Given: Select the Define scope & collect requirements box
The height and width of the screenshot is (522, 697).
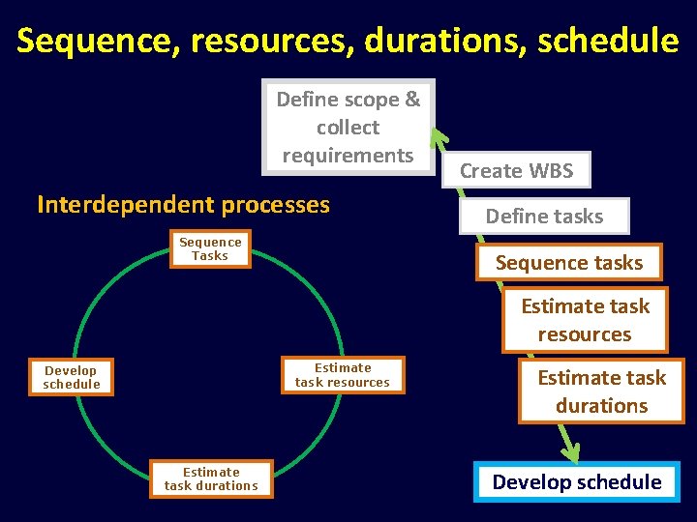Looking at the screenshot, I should tap(348, 127).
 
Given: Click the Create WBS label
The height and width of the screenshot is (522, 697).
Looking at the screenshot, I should tap(516, 171).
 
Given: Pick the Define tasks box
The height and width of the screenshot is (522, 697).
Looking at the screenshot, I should tap(544, 217).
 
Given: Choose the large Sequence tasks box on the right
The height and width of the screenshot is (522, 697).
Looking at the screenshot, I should tap(569, 262).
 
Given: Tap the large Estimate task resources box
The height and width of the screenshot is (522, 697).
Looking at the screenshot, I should tap(585, 320).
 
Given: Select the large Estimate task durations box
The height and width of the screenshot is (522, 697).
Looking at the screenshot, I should tap(601, 391).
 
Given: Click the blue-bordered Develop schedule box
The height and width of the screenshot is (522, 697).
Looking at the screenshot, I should tap(577, 481).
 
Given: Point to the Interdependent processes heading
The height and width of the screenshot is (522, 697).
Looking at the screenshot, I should tap(183, 205).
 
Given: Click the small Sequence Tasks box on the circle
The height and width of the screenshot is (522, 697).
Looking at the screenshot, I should tap(210, 248).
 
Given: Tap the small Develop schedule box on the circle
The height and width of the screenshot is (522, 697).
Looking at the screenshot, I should tap(72, 377).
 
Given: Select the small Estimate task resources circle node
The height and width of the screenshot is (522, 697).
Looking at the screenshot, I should tap(343, 375).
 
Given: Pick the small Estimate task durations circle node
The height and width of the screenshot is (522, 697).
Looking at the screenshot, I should tap(211, 478).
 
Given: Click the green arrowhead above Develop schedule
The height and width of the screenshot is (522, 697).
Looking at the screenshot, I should tap(570, 451).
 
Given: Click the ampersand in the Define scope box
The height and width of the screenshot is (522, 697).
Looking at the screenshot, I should tap(412, 100).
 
